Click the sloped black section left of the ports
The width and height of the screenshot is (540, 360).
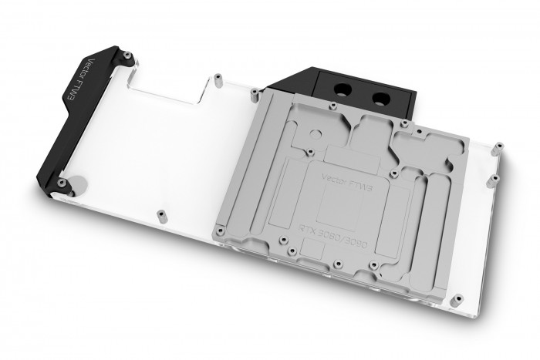290,87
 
